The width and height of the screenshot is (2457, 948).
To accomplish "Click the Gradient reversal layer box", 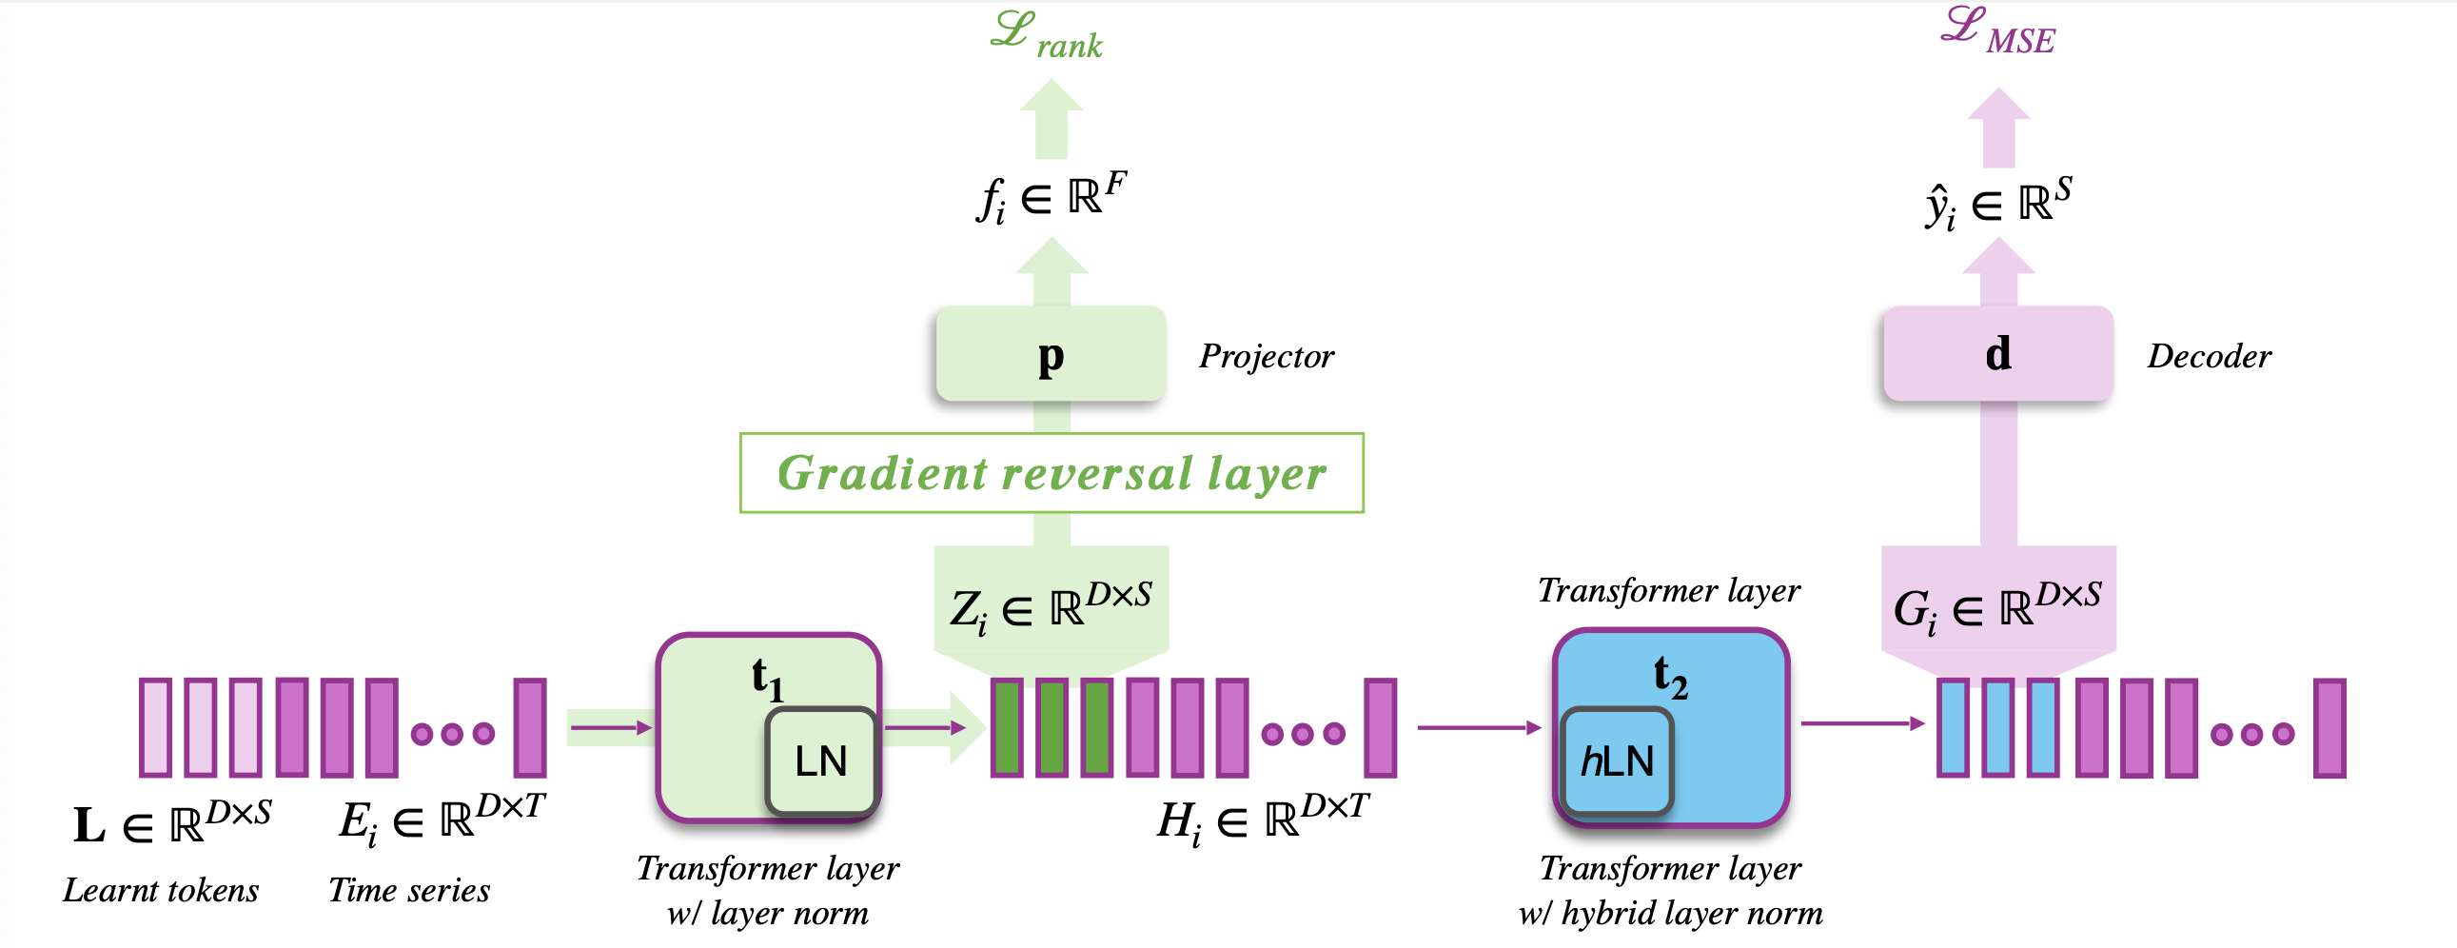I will [x=1052, y=473].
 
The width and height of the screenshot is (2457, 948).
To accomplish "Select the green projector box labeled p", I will [x=1052, y=354].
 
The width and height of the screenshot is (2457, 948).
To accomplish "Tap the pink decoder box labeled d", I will [x=1998, y=354].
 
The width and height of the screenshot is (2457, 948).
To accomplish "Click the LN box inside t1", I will [x=820, y=761].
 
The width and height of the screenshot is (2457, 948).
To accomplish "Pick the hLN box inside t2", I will [x=1617, y=761].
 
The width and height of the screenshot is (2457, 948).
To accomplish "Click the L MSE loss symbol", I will [x=1998, y=30].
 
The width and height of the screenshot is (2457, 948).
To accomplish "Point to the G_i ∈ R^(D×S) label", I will [x=1997, y=606].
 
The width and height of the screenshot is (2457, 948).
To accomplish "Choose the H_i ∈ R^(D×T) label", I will [x=1263, y=819].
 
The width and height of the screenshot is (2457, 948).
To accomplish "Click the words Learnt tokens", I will [x=161, y=891].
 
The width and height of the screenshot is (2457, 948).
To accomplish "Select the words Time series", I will [x=409, y=891].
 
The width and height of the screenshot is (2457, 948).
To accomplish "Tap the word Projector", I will [x=1267, y=356].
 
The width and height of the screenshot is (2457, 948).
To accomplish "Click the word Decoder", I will [x=2209, y=356].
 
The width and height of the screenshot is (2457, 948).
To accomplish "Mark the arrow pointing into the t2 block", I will [x=1479, y=728].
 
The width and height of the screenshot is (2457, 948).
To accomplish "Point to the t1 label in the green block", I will [x=767, y=679].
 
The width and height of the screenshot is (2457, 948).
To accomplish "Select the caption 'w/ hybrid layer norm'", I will [x=1670, y=914].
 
